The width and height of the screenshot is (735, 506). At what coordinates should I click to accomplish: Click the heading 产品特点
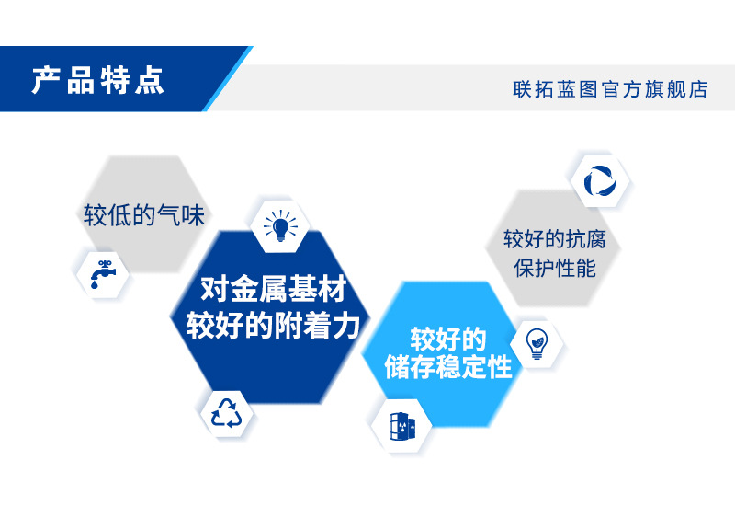tap(98, 80)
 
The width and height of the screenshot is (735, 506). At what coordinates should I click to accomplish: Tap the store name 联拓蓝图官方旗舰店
tap(610, 89)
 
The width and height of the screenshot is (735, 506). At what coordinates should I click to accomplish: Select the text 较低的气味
tap(143, 216)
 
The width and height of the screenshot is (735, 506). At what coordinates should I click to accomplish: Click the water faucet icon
tap(103, 272)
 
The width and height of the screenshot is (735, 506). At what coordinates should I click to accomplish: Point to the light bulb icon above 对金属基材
tap(281, 225)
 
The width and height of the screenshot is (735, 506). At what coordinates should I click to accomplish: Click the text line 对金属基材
tap(273, 291)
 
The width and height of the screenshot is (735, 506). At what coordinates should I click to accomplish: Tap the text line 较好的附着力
tap(273, 326)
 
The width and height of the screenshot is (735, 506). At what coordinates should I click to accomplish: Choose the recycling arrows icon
tap(226, 413)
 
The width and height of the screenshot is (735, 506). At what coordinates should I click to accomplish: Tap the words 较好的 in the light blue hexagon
tap(447, 337)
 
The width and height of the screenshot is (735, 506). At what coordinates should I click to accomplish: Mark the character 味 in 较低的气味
tap(192, 216)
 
